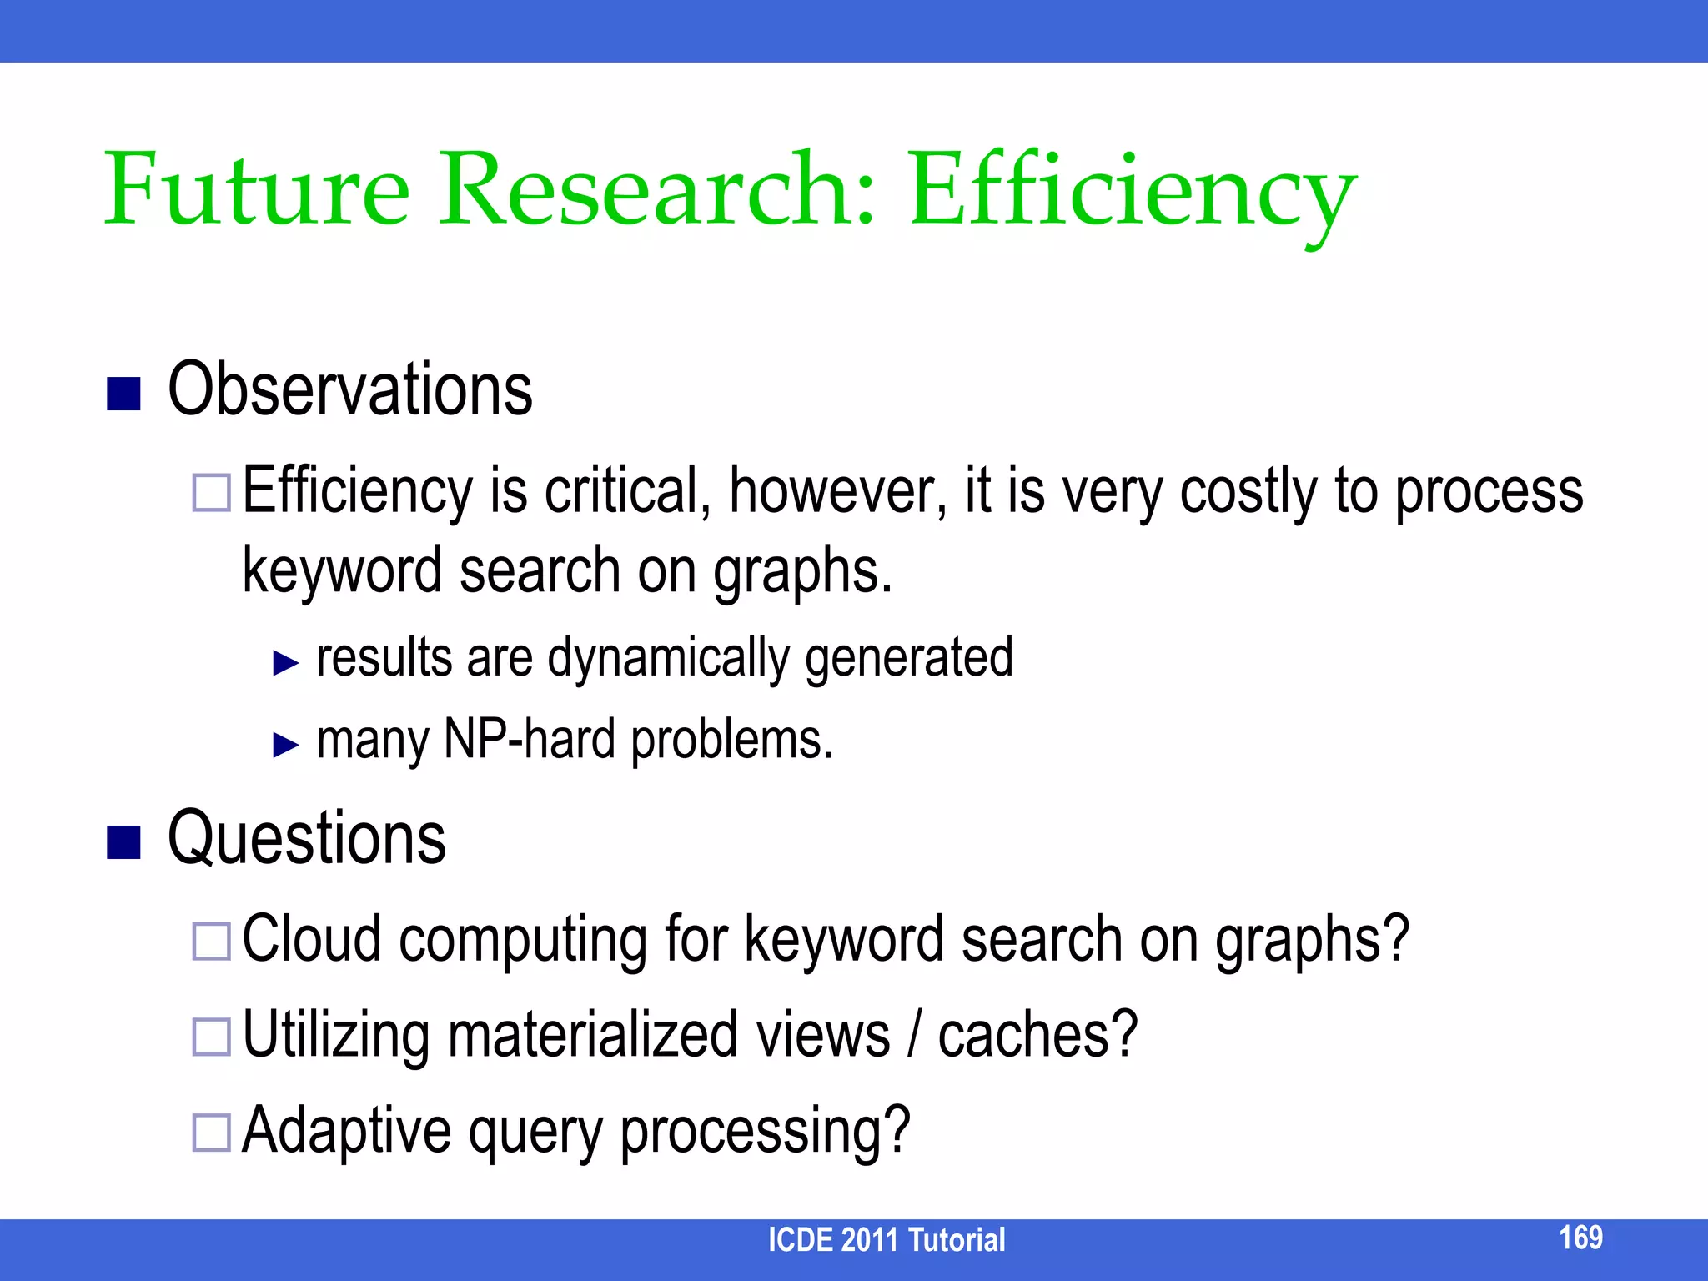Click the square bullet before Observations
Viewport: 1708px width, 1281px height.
123,394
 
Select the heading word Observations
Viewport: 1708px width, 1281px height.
350,390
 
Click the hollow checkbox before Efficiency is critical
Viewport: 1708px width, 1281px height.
211,493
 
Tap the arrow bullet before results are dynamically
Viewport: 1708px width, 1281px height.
285,663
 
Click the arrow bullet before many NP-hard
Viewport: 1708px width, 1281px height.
285,744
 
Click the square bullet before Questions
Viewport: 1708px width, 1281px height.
123,842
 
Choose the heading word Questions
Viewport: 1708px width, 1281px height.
306,839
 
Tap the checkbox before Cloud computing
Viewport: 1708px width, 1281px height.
211,942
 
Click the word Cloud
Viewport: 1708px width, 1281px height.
311,940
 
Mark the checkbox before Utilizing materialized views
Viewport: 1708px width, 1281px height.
211,1037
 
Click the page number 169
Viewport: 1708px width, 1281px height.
1580,1237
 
